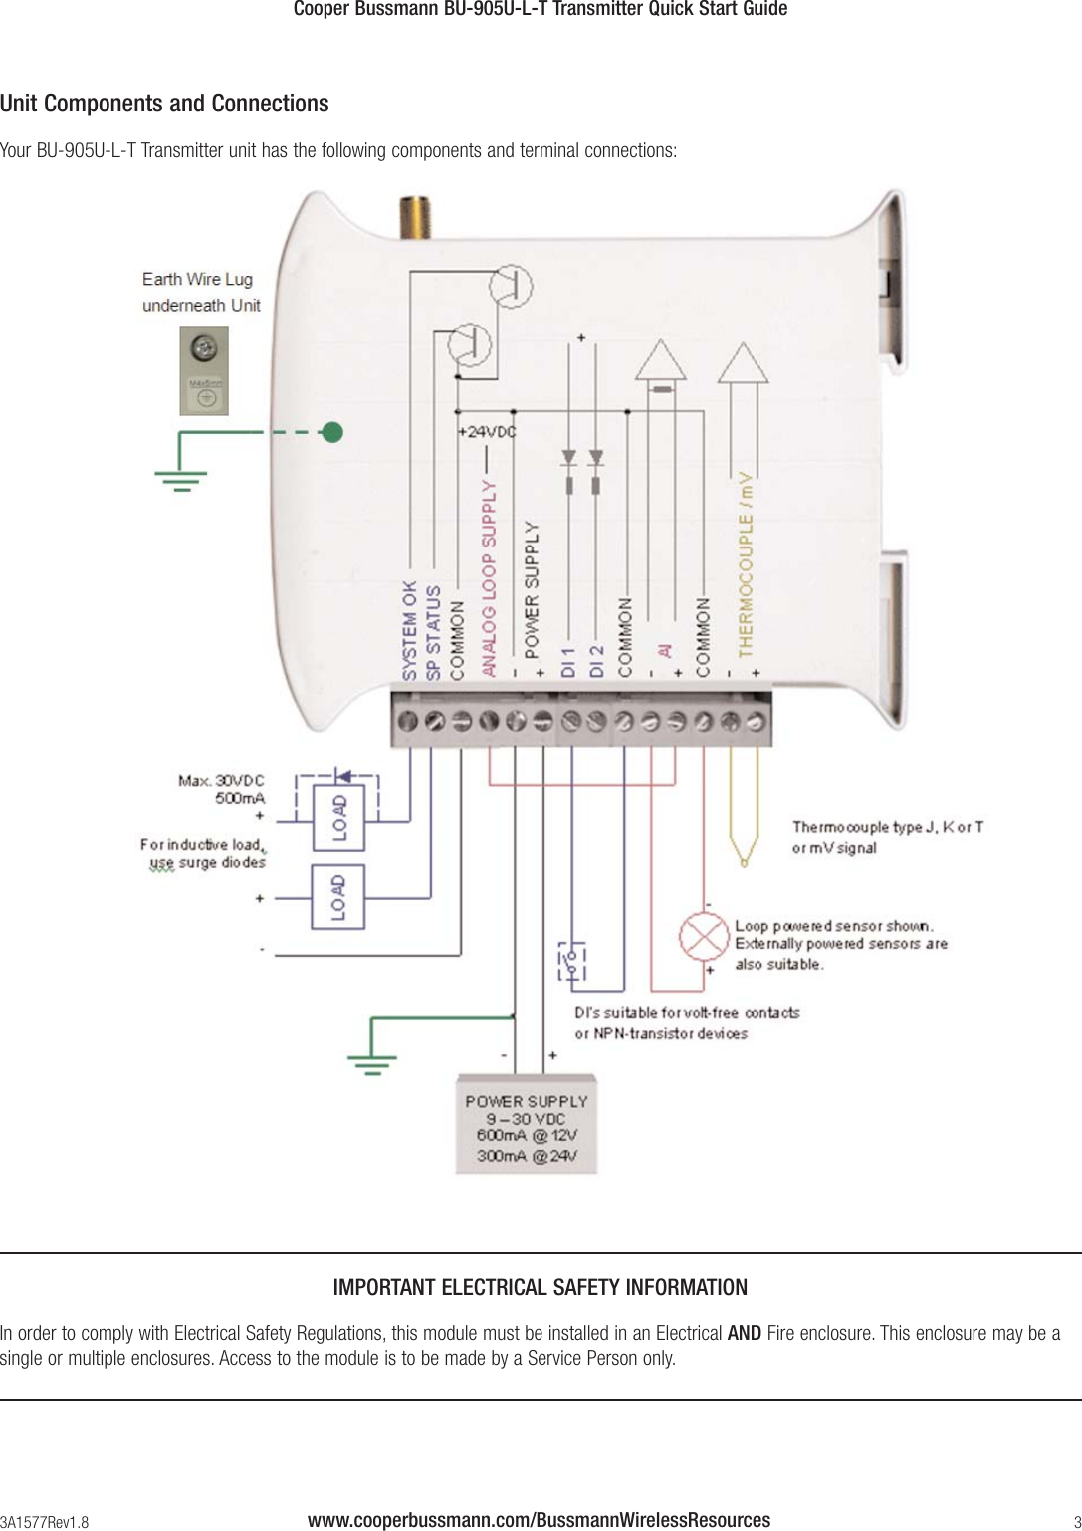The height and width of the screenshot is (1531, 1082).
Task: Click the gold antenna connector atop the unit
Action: [408, 218]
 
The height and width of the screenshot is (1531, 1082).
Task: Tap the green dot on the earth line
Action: [332, 432]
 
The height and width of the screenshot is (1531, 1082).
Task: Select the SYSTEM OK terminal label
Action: [410, 630]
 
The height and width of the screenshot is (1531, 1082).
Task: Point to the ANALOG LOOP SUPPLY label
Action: [489, 578]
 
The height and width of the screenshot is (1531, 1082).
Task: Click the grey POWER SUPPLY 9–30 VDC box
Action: [527, 1125]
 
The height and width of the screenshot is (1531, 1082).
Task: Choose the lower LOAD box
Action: [338, 897]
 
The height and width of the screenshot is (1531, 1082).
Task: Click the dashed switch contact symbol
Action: [571, 962]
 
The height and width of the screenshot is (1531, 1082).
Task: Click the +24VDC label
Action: [486, 432]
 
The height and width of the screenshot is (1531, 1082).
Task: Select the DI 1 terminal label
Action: [568, 662]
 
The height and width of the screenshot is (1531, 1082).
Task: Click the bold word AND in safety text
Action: [745, 1333]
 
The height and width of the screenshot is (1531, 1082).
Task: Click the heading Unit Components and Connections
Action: [164, 104]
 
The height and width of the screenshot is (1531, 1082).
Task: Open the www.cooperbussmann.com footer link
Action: [539, 1520]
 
